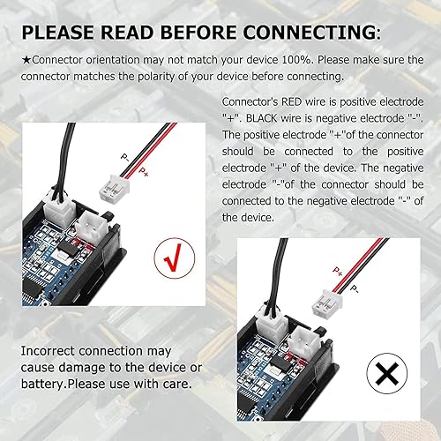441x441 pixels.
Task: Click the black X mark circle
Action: point(385,376)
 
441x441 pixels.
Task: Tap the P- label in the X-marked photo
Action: point(355,288)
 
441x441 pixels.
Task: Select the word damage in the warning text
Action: point(86,367)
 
